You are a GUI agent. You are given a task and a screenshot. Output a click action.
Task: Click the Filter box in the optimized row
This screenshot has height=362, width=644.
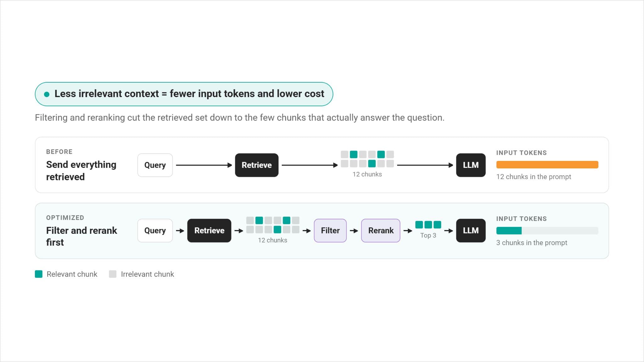[x=330, y=230]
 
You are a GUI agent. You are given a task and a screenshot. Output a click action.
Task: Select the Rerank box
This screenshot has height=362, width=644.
[x=380, y=230]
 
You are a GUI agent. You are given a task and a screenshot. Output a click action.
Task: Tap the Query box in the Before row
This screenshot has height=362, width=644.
[x=155, y=165]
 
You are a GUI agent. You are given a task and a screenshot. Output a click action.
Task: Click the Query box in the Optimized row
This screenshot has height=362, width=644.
[x=155, y=230]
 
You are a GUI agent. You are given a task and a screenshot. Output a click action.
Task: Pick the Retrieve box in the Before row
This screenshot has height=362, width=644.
[x=257, y=165]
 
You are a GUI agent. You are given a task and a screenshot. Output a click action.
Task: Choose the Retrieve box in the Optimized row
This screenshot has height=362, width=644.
[x=209, y=230]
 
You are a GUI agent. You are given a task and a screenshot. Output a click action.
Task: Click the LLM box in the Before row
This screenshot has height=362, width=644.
[x=471, y=165]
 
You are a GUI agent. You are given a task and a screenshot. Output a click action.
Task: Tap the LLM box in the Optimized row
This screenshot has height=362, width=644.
[x=471, y=230]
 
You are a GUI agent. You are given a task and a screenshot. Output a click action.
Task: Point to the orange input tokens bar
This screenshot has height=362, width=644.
[x=547, y=165]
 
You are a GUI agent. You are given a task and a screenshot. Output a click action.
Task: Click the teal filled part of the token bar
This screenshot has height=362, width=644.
[x=509, y=231]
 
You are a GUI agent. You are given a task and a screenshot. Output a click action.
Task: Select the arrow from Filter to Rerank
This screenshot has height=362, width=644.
[x=354, y=231]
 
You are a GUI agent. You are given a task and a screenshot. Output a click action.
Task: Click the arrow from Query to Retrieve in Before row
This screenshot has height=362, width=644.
[x=204, y=165]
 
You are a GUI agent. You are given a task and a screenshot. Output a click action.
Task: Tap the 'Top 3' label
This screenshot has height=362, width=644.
[x=428, y=235]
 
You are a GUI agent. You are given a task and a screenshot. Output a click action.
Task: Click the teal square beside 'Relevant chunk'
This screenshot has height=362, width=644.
[x=39, y=274]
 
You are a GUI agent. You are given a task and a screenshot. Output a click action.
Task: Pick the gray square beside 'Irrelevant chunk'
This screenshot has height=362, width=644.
[x=113, y=274]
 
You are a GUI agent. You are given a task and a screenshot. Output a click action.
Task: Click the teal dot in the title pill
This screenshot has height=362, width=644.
[x=47, y=94]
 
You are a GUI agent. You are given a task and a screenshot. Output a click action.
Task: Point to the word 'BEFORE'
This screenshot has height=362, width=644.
[x=59, y=152]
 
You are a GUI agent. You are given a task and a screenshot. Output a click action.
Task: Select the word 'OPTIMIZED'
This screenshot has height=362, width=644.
[x=65, y=218]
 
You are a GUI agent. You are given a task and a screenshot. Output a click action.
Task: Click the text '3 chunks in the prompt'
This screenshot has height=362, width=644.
[x=532, y=243]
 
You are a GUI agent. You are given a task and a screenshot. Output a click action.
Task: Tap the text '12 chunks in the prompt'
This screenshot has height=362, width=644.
[x=534, y=177]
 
